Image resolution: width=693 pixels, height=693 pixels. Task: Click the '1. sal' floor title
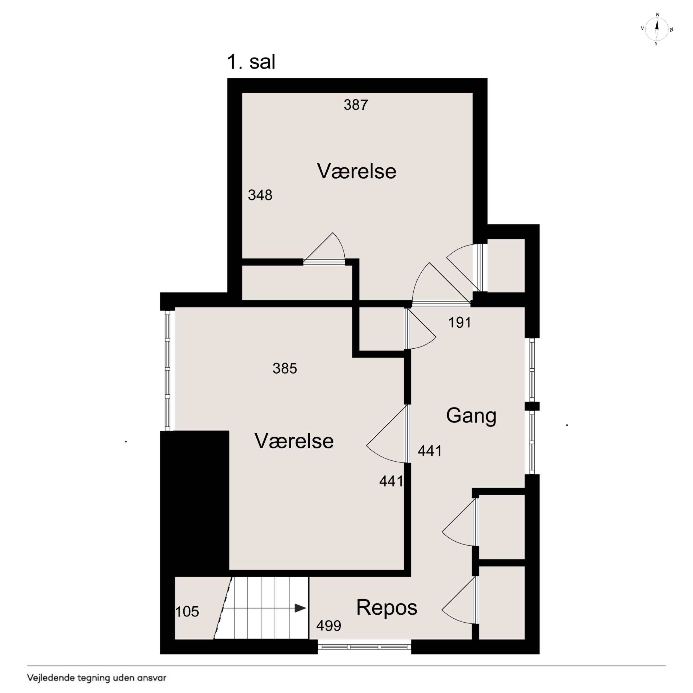point(251,62)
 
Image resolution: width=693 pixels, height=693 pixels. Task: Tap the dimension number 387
point(356,105)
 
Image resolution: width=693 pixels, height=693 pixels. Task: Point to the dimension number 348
point(260,195)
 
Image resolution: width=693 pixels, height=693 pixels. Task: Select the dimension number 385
point(285,368)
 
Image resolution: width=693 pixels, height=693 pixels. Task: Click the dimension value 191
point(460,323)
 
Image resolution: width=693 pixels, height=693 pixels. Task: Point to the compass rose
point(657,29)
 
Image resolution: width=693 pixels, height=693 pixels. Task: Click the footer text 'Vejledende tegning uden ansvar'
point(97,678)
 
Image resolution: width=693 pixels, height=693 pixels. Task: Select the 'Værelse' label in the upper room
point(357,171)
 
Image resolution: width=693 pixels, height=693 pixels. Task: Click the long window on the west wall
point(167,370)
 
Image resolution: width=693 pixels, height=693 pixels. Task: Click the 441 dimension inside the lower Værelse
point(391,481)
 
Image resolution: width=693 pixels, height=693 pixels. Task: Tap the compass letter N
point(658,15)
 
